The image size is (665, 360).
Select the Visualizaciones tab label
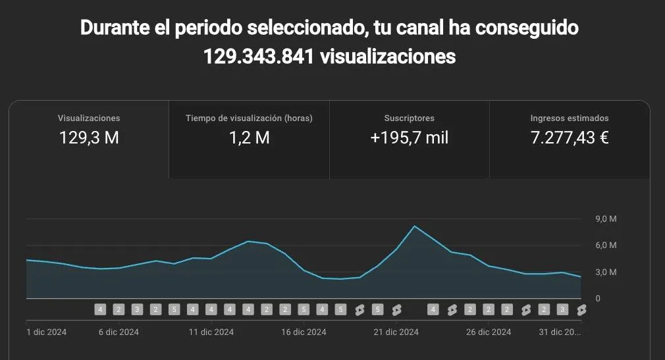point(89,118)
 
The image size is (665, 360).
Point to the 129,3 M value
point(89,138)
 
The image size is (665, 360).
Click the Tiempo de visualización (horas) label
point(249,118)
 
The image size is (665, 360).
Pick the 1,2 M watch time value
point(249,138)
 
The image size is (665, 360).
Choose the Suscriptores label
point(410,118)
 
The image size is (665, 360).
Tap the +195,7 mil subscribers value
point(410,138)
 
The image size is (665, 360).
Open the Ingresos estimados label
point(570,118)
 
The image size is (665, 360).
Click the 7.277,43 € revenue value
point(570,138)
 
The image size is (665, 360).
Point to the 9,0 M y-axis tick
point(606,219)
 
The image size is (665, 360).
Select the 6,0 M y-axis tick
point(606,245)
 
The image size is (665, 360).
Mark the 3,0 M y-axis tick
point(606,272)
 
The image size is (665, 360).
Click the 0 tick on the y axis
point(598,299)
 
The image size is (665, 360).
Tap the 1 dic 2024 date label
point(46,332)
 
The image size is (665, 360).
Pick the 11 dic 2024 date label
point(211,332)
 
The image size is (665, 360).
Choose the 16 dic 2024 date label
point(304,332)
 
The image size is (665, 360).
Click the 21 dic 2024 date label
point(396,332)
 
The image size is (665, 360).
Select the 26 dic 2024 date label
point(489,332)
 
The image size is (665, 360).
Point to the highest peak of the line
point(415,226)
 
